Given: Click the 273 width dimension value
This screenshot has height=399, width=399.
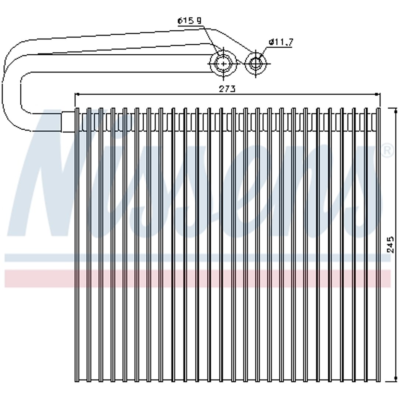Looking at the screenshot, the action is click(227, 89).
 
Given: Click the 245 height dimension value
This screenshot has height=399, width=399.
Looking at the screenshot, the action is click(390, 245).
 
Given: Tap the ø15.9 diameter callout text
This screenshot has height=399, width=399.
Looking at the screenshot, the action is click(189, 21).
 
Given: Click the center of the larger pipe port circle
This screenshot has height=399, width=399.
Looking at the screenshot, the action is click(223, 64).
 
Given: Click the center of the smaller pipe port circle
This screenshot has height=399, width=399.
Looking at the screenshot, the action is click(255, 64).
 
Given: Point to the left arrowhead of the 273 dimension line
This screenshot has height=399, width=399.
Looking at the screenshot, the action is click(77, 95).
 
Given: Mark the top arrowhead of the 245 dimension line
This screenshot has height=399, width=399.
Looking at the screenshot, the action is click(395, 111).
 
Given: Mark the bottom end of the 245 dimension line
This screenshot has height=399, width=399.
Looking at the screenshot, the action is click(395, 381).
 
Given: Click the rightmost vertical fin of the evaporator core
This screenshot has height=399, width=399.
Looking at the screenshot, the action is click(378, 245).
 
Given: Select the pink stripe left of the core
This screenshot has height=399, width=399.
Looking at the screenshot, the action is click(40, 279).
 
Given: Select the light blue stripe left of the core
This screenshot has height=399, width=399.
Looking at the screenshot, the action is click(40, 258).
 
